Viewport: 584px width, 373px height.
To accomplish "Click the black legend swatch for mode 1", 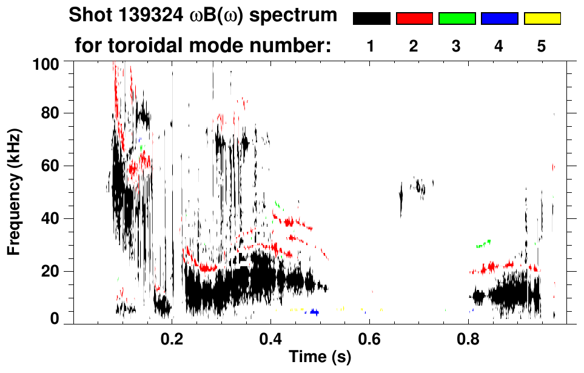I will [x=371, y=19].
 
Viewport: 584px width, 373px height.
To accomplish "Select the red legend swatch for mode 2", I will [x=414, y=19].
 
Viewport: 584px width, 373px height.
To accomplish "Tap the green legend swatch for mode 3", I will [x=457, y=19].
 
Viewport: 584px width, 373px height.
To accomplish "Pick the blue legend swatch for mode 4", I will [x=499, y=19].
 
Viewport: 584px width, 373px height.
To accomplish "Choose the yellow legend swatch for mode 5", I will [x=542, y=19].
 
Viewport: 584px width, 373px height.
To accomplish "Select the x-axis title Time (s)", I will [x=320, y=357].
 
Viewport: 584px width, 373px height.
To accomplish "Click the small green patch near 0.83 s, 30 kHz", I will [x=484, y=244].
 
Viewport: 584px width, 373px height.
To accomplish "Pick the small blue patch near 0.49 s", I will [x=314, y=312].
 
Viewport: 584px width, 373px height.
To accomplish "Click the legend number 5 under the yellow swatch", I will [x=542, y=45].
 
